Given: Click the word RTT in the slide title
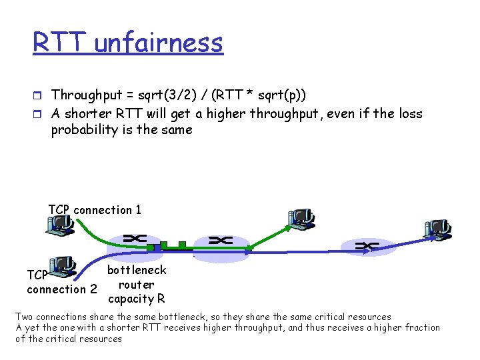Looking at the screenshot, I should [x=60, y=43].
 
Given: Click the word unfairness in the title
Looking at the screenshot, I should [x=159, y=43].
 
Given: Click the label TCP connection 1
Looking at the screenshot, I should [x=95, y=210].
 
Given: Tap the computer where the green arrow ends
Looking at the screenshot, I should [x=301, y=219].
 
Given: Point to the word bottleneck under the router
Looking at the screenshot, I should [x=137, y=270].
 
